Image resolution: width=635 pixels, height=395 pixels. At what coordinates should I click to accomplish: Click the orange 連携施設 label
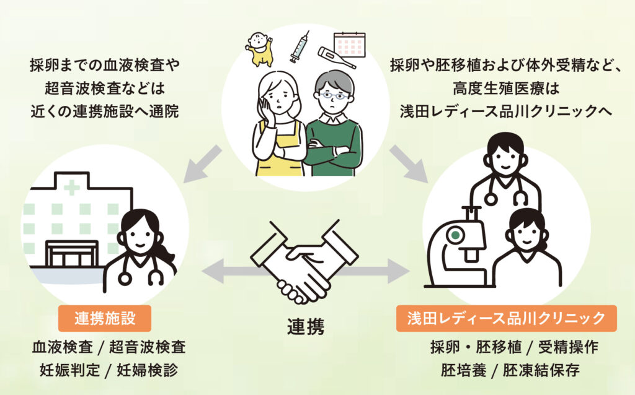pos(105,319)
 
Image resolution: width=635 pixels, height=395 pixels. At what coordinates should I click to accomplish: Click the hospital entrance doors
pos(72,255)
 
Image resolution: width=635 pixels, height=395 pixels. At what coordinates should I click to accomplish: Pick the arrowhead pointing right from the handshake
pos(397,270)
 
